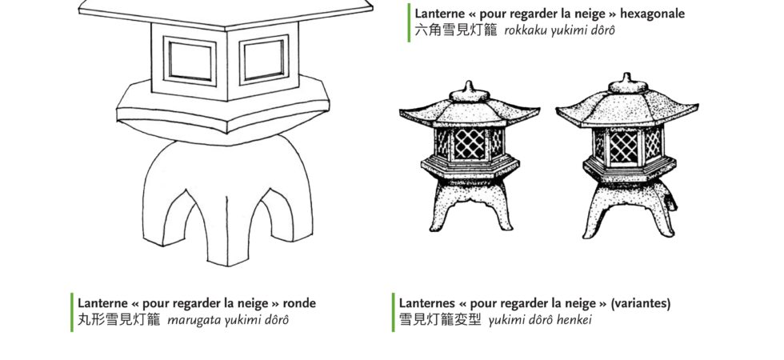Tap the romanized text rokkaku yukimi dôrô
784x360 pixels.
(x=559, y=30)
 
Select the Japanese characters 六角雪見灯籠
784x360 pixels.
(x=456, y=30)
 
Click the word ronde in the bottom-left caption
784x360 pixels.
(x=299, y=303)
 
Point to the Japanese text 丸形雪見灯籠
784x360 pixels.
(x=119, y=319)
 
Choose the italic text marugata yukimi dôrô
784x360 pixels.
(x=227, y=320)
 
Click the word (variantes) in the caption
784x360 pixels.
(x=641, y=303)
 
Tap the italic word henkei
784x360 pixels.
(x=575, y=319)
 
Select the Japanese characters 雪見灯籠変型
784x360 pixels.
(x=440, y=319)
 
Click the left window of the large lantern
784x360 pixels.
(x=190, y=61)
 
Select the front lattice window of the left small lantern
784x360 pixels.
(x=470, y=145)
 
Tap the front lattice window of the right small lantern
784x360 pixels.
(x=623, y=147)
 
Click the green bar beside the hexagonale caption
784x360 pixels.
(x=409, y=22)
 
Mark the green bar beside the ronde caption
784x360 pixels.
(x=72, y=313)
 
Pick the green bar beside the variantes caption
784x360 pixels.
(x=393, y=313)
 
